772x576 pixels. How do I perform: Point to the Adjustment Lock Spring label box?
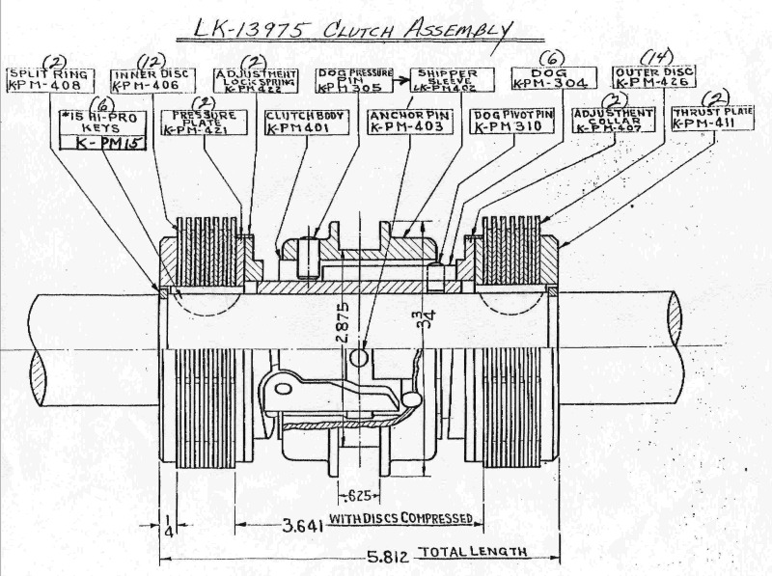coord(254,81)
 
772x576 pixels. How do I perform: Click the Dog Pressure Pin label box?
coord(353,81)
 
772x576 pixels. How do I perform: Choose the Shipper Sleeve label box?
coord(449,81)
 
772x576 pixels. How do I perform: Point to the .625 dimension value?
coord(359,497)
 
